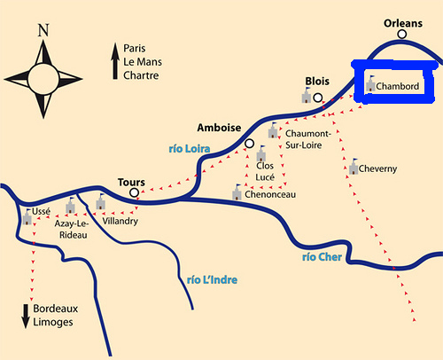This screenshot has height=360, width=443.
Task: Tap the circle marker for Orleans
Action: click(x=402, y=35)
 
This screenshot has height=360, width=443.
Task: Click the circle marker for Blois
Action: click(x=318, y=98)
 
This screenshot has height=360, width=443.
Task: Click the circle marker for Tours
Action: click(x=134, y=192)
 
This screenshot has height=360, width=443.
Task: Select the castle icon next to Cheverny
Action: click(x=354, y=167)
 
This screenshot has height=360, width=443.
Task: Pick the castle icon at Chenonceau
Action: click(x=237, y=192)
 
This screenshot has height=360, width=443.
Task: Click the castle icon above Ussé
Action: click(x=27, y=215)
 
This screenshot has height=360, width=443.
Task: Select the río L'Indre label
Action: click(x=213, y=279)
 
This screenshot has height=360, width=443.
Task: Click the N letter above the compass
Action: click(x=43, y=30)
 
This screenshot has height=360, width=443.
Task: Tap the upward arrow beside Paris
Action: click(x=114, y=64)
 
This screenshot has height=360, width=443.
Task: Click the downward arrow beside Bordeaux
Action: click(x=26, y=316)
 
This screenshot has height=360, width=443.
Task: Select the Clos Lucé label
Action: click(x=265, y=170)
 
